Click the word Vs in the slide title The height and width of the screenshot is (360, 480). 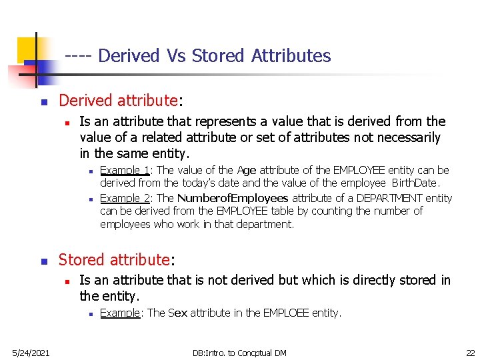(177, 55)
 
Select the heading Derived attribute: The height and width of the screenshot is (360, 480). (120, 101)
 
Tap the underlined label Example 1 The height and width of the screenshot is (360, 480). (125, 170)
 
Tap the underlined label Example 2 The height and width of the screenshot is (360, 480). (125, 198)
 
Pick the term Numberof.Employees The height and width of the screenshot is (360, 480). (233, 198)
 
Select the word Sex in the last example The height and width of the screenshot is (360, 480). (178, 313)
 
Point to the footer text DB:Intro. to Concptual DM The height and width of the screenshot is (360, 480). (239, 352)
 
